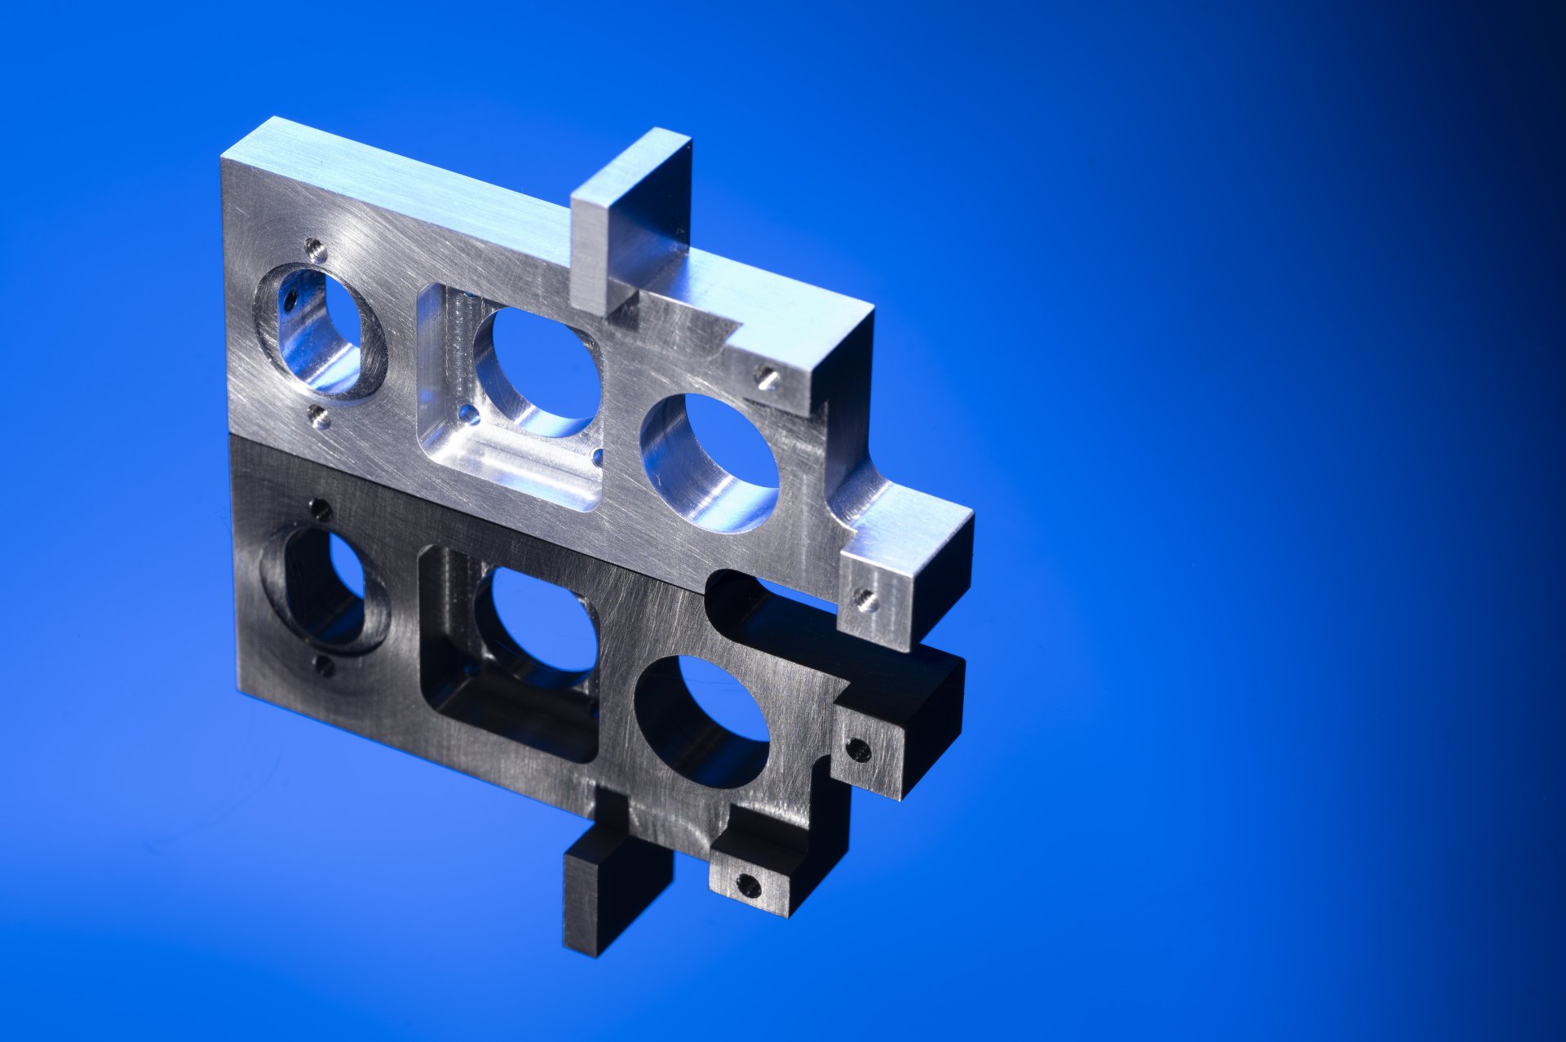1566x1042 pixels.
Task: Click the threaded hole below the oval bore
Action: point(321,419)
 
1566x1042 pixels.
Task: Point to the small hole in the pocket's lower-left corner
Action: point(468,415)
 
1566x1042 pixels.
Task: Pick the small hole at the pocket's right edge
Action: point(598,457)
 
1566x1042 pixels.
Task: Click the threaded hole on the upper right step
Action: point(767,378)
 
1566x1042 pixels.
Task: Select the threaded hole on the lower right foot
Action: point(866,601)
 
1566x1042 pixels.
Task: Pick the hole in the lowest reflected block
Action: point(747,885)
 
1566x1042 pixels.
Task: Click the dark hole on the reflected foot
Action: point(858,749)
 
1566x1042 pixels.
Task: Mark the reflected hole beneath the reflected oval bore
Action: point(324,667)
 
